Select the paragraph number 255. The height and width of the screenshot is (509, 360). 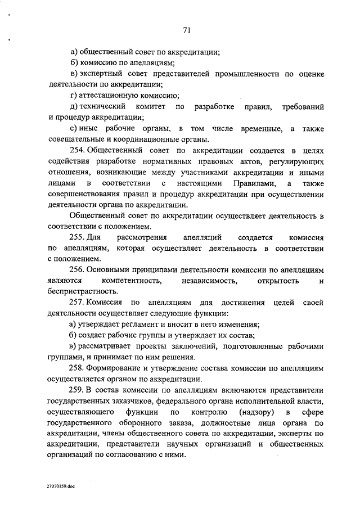coord(77,237)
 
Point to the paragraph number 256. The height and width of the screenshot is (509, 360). coord(77,269)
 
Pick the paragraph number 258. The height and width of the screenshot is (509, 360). coord(77,367)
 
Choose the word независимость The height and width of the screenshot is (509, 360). coord(209,280)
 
